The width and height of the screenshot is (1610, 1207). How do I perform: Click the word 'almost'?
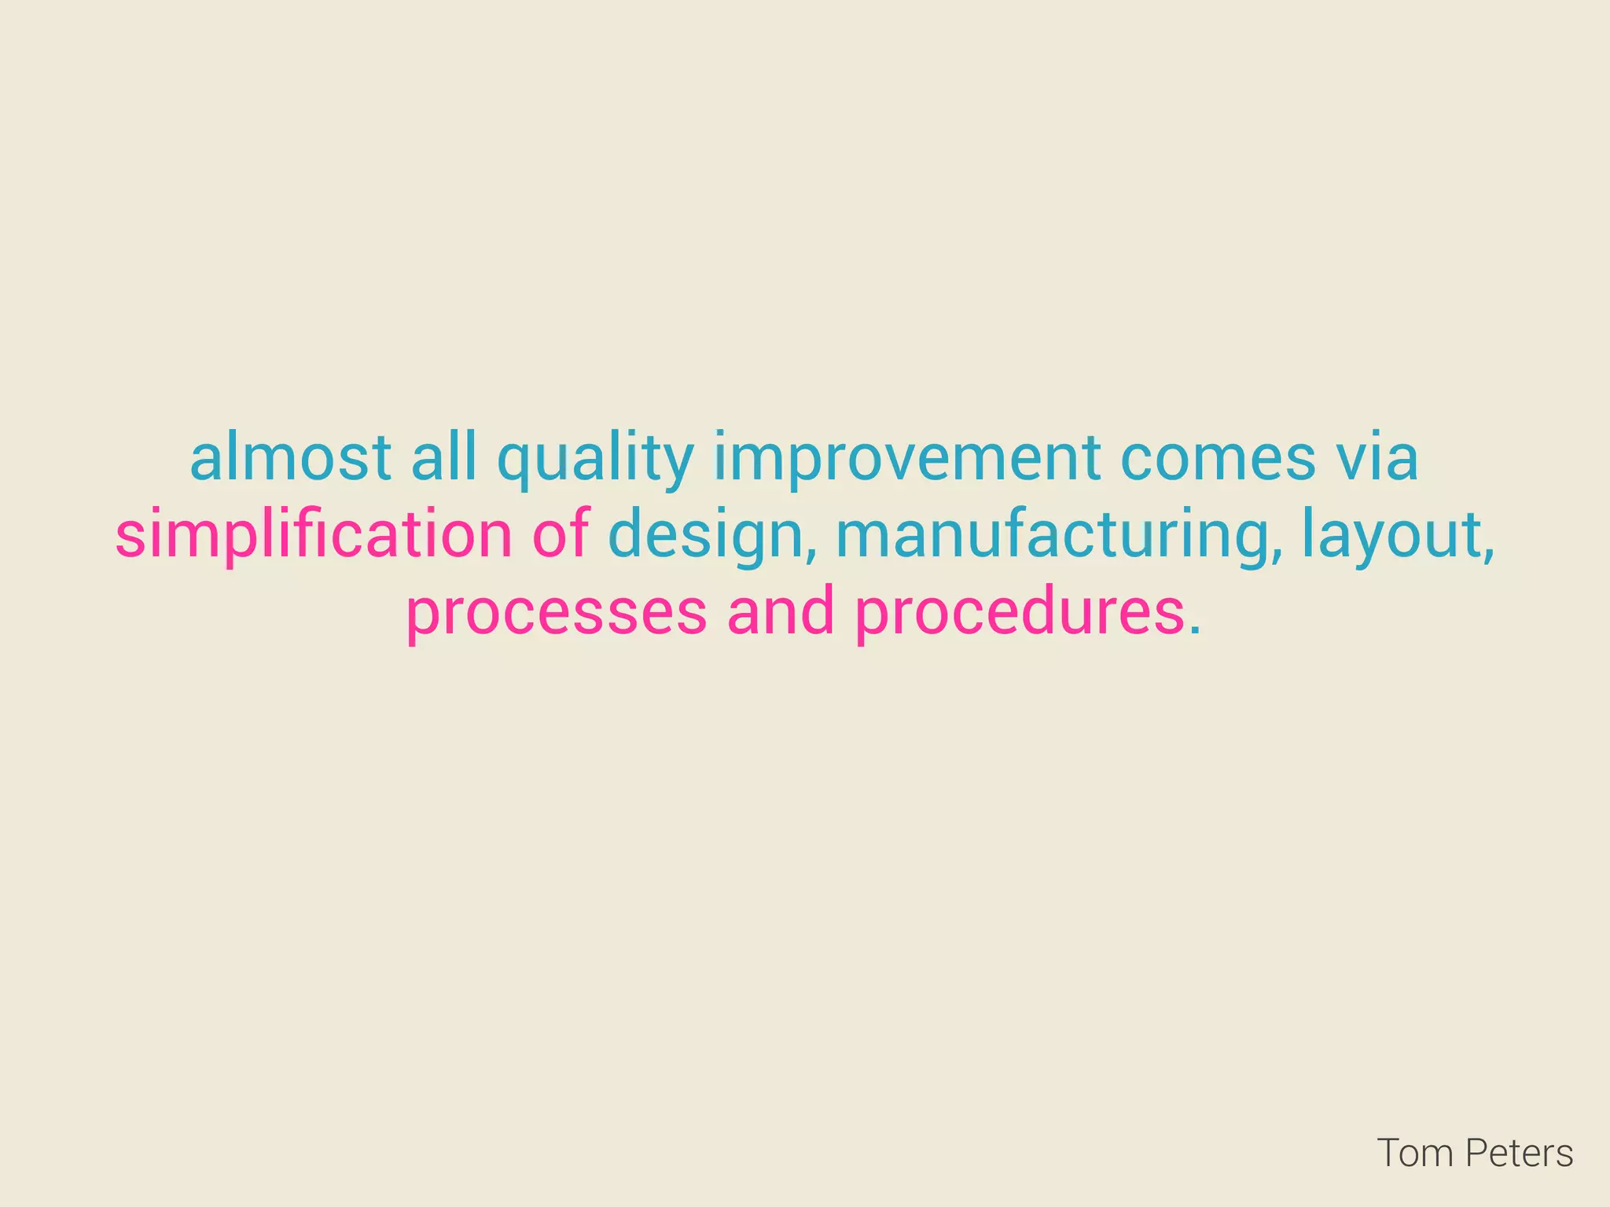tap(290, 458)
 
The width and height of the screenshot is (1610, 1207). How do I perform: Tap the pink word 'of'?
tap(561, 535)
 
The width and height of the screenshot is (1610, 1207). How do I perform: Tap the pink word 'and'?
tap(781, 613)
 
